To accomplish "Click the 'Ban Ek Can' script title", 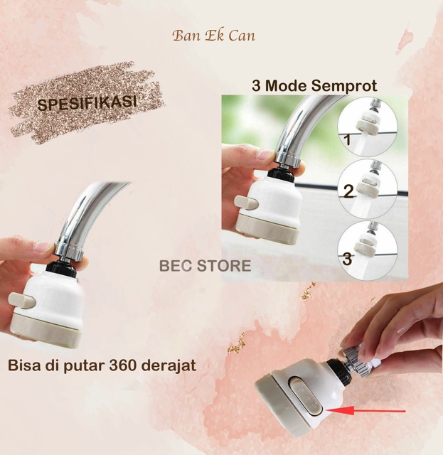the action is point(213,36).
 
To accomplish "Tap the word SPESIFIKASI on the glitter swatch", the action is point(87,103).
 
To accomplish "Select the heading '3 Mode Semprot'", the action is point(314,86).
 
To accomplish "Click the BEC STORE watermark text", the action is point(205,266).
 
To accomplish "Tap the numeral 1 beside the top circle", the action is point(347,139).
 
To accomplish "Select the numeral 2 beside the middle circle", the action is point(348,191).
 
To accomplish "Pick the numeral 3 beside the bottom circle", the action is point(347,259).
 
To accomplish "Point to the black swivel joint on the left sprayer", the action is point(62,268).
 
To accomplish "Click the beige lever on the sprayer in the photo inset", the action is point(247,203).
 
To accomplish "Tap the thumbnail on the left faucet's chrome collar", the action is point(43,247).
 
